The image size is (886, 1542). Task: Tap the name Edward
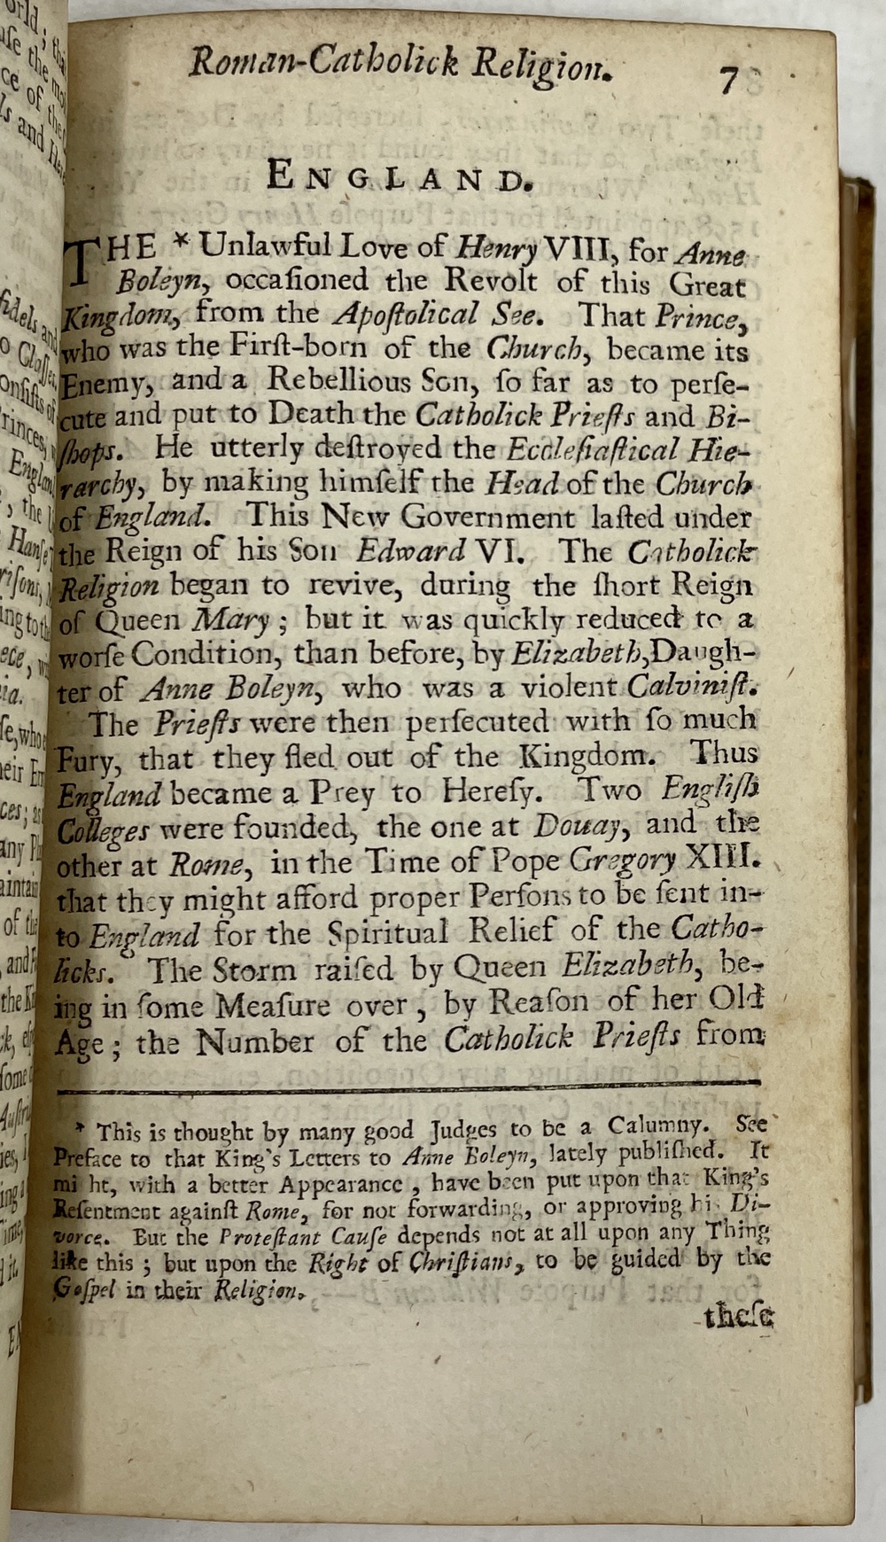410,551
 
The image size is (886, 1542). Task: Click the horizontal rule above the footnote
408,1082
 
